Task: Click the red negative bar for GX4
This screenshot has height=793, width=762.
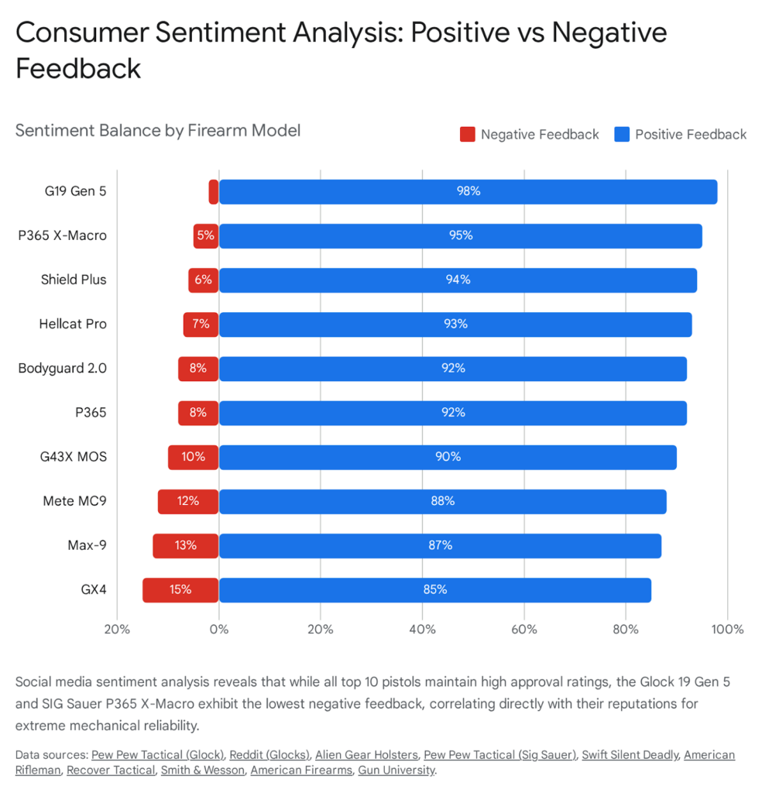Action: pos(180,589)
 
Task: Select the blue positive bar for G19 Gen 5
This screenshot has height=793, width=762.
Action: pos(468,191)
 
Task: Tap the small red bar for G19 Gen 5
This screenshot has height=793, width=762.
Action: pos(214,191)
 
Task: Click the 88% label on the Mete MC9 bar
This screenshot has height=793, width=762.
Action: pos(442,501)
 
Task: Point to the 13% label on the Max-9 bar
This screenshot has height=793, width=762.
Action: pos(186,545)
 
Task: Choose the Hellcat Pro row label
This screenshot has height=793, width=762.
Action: pos(73,324)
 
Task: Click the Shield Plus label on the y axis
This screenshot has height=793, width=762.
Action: pos(74,280)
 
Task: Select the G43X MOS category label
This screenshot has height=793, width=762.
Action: pos(74,457)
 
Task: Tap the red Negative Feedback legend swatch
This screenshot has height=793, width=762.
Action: pos(467,135)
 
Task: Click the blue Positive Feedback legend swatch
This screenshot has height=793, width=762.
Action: pos(621,135)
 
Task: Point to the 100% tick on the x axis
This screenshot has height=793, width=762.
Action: pos(727,629)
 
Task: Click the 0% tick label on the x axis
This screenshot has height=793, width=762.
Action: pos(219,629)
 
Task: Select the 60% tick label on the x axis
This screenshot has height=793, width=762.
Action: pos(524,629)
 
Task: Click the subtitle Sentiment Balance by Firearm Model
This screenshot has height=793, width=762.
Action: pos(158,130)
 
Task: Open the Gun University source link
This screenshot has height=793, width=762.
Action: pos(396,770)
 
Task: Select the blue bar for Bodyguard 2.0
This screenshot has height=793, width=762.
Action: pos(453,369)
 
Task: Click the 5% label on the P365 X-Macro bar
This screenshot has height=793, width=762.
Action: pos(205,235)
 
